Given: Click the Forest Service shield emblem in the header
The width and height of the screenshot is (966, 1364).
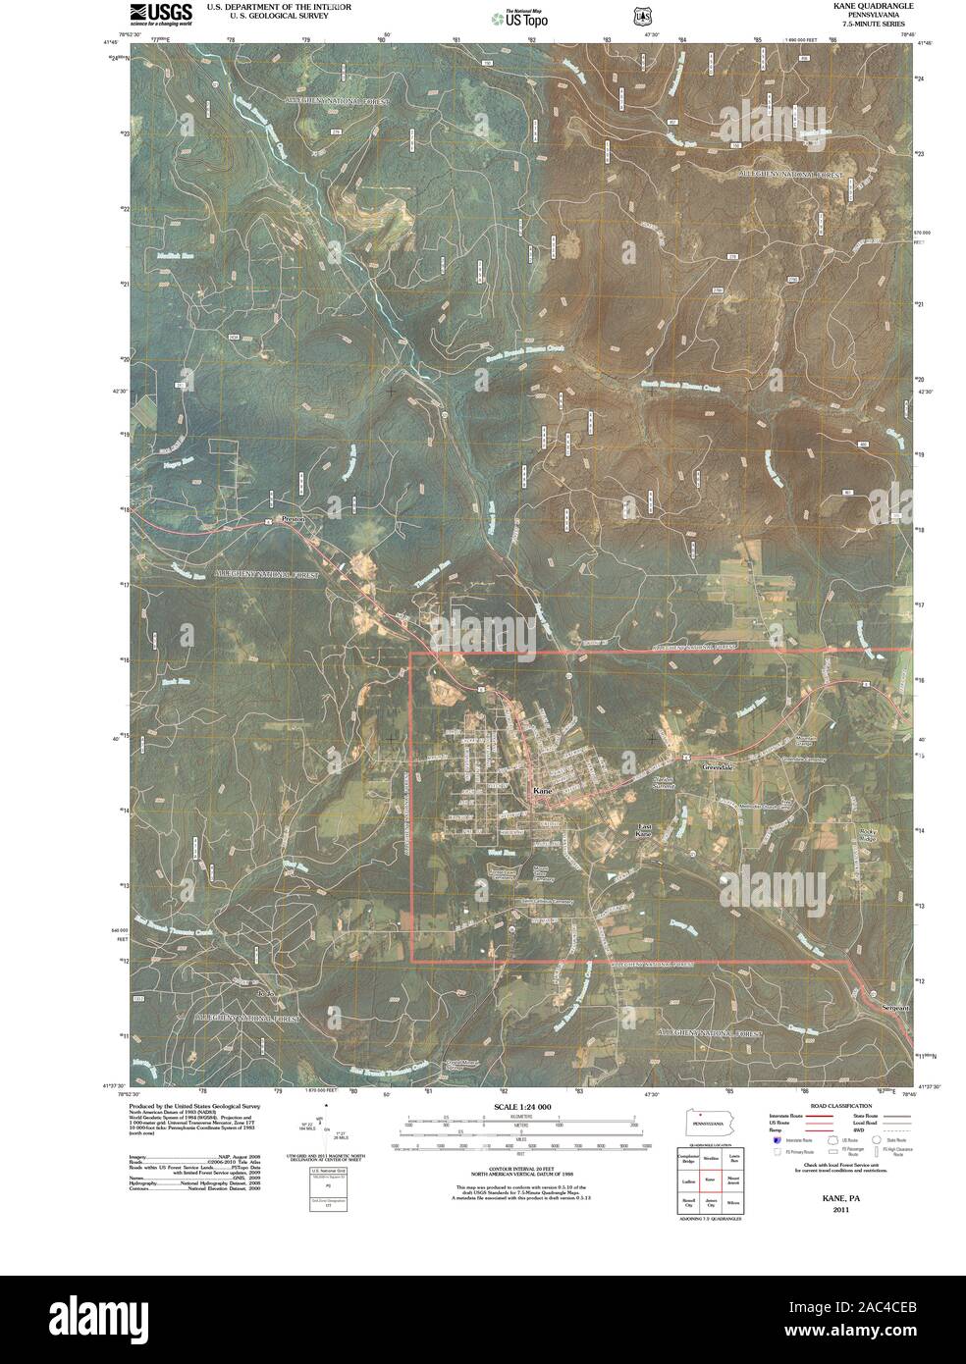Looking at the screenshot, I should [x=642, y=16].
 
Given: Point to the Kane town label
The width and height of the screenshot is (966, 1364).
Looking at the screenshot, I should [x=543, y=790].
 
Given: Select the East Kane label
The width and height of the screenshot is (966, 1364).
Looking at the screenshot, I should [x=645, y=829].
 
